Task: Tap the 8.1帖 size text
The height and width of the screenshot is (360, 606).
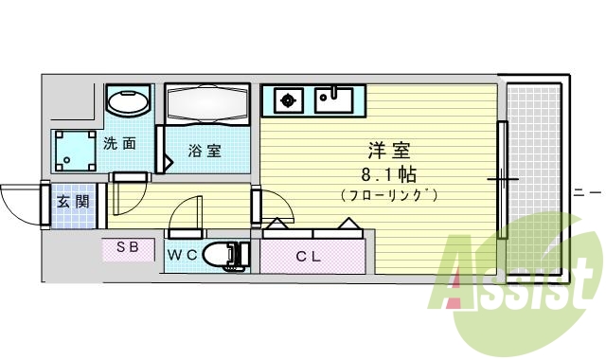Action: pos(386,173)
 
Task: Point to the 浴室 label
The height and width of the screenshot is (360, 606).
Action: pos(204,150)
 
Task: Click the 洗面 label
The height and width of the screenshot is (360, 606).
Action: pos(119,144)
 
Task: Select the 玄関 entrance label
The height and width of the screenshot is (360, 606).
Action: pos(72,201)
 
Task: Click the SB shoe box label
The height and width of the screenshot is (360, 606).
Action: pos(128,248)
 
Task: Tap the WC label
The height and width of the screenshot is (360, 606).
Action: pos(182,255)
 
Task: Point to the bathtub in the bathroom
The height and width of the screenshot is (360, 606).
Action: pos(206,103)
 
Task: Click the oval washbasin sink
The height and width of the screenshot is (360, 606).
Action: pos(126,100)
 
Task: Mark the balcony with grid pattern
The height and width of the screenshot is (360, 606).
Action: pos(534,180)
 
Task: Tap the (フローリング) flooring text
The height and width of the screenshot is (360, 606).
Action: pos(388,195)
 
